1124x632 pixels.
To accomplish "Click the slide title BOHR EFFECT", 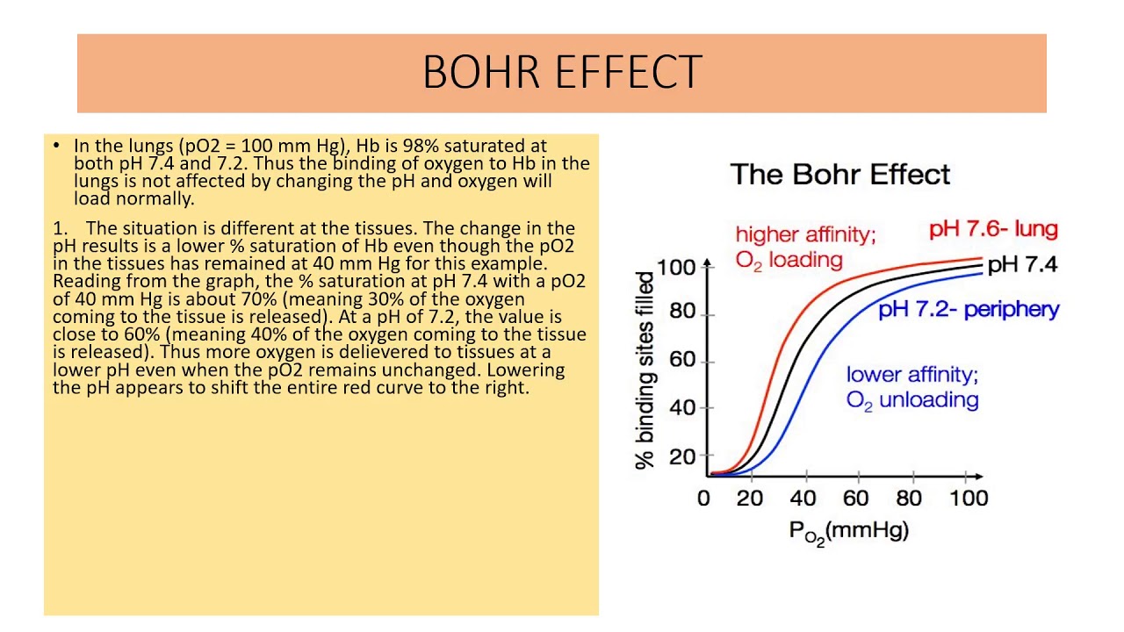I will click(562, 72).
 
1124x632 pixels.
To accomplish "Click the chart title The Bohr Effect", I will click(839, 174).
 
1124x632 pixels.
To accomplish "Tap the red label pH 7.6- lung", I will click(993, 230).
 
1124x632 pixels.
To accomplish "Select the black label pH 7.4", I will click(1022, 264).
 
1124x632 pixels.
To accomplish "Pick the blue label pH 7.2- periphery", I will click(969, 309).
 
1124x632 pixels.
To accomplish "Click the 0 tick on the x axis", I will click(703, 499).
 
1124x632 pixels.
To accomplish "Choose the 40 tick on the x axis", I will click(803, 499).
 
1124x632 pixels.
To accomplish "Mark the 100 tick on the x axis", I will click(969, 499).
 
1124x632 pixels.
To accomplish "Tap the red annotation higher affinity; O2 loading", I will click(805, 248).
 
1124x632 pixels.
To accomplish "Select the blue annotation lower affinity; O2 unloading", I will click(912, 387).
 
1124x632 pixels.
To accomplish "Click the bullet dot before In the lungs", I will click(57, 146).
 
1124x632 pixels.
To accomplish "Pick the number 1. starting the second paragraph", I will click(60, 228).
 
